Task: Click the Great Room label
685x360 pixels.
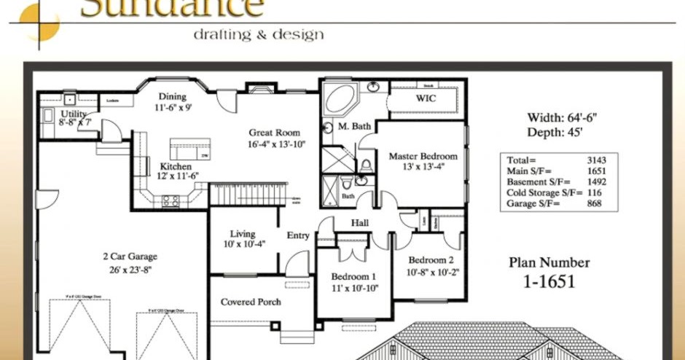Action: point(274,133)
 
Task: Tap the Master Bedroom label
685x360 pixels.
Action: point(423,156)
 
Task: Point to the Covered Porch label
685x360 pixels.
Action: point(251,302)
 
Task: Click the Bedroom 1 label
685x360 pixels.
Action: point(353,277)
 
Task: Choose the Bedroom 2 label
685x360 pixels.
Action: point(431,260)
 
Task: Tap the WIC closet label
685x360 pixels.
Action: point(426,98)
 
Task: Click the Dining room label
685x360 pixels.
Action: point(172,96)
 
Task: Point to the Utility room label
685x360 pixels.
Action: point(74,114)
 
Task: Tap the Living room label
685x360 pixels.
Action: point(243,234)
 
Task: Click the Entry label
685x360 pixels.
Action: point(298,235)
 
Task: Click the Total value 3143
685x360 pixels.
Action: point(596,160)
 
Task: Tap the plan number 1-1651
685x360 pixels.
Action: point(549,281)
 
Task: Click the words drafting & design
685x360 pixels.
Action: point(258,34)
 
